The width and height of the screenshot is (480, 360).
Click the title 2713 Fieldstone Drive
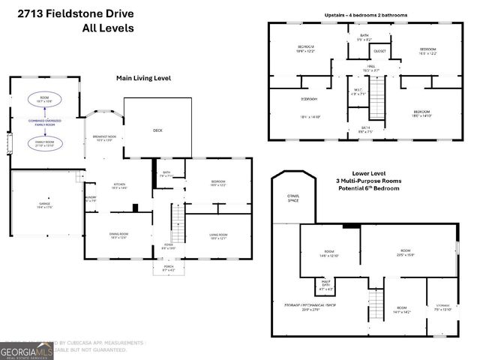[71, 13]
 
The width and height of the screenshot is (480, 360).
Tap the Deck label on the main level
[157, 130]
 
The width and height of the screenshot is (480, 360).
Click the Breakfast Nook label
[103, 137]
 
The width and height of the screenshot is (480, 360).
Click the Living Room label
[218, 235]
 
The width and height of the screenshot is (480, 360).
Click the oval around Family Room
[45, 142]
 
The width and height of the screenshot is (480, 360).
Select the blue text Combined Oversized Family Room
[46, 121]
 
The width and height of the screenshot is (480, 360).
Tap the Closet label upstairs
[379, 52]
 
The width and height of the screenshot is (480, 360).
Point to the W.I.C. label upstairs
[358, 92]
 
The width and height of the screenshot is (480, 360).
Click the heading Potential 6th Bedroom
[366, 187]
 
